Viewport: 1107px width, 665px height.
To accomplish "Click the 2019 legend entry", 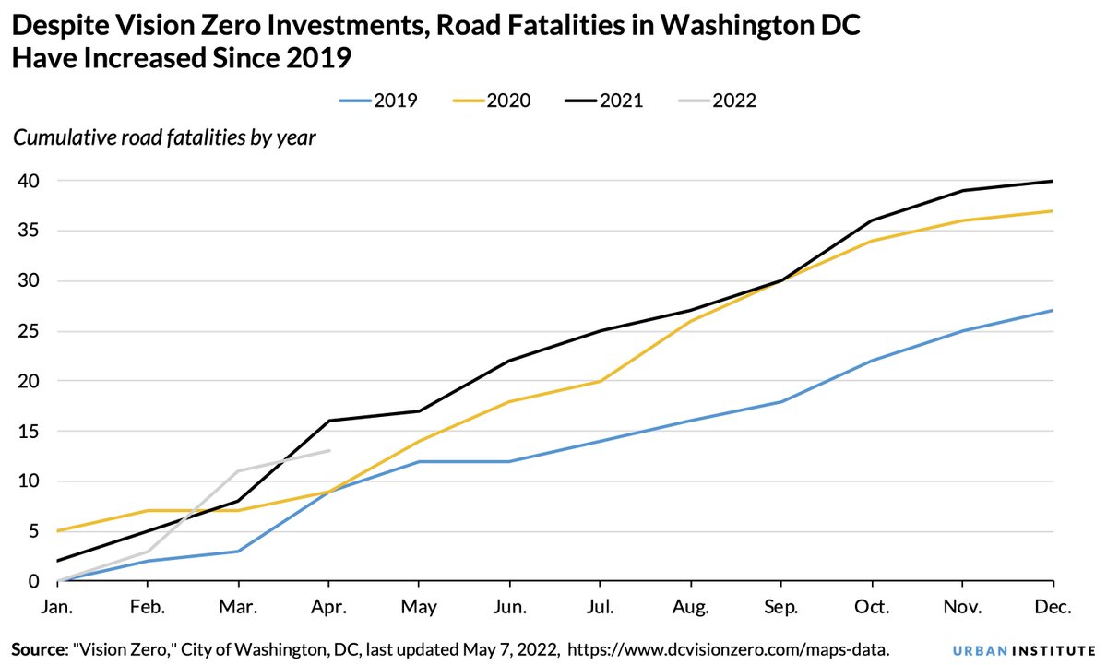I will [x=379, y=101].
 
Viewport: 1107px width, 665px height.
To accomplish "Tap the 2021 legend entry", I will [x=605, y=101].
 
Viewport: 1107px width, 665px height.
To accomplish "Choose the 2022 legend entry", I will [x=718, y=101].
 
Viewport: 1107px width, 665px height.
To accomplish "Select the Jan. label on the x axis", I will [x=57, y=608].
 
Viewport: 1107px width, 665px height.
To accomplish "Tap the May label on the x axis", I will [x=420, y=608].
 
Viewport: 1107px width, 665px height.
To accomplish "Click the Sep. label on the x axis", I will [x=781, y=608].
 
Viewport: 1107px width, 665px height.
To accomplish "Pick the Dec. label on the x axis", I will [x=1053, y=608].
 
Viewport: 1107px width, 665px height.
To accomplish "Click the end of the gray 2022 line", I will [x=329, y=451].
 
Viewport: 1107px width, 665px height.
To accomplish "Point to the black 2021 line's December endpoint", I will [x=1053, y=181].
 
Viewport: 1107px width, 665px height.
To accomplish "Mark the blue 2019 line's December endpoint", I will [x=1053, y=311].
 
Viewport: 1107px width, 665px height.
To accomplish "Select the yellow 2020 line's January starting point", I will [x=57, y=531].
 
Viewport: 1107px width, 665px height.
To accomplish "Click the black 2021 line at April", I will [x=329, y=421].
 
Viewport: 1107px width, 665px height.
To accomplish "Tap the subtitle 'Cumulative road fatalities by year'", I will [x=164, y=138].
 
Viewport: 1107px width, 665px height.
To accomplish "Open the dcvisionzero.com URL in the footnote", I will [x=728, y=649].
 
